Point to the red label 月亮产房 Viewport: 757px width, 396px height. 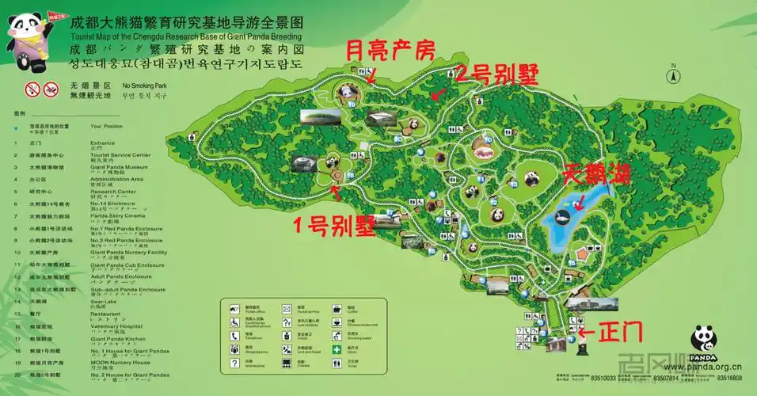pos(390,52)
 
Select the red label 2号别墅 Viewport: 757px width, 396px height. pos(496,74)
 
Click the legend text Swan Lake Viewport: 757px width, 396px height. pos(105,301)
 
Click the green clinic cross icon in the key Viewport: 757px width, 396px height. pos(337,348)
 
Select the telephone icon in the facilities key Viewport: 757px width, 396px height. pos(235,335)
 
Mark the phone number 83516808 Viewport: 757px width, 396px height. pos(729,378)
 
